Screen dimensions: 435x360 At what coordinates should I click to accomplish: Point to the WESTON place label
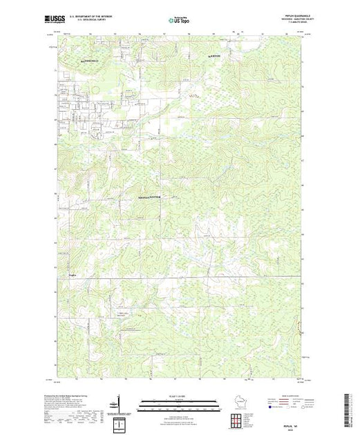coord(215,55)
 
